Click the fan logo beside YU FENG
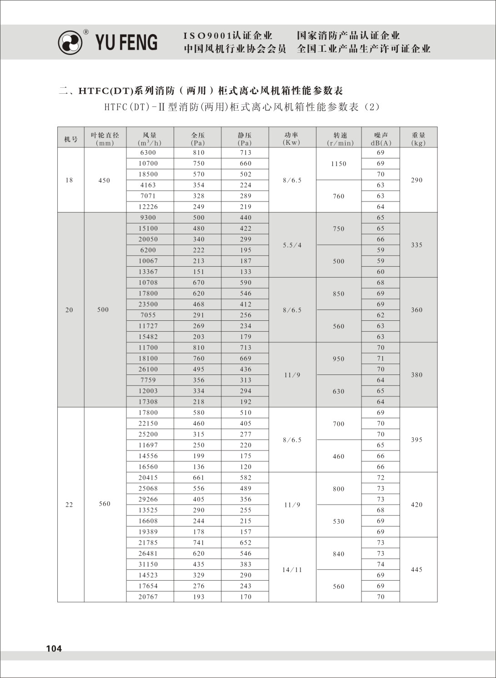[x=70, y=42]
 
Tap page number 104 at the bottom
[x=54, y=648]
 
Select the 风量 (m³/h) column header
[x=150, y=139]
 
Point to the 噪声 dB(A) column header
[x=381, y=139]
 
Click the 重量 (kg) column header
[x=418, y=139]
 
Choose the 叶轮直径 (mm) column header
[x=105, y=139]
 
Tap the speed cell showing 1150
[x=339, y=164]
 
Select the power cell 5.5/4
[x=292, y=245]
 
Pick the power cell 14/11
[x=292, y=570]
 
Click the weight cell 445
[x=417, y=570]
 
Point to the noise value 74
[x=381, y=564]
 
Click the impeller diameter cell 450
[x=105, y=180]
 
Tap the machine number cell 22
[x=69, y=505]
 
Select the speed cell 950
[x=339, y=359]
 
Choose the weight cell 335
[x=417, y=245]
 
